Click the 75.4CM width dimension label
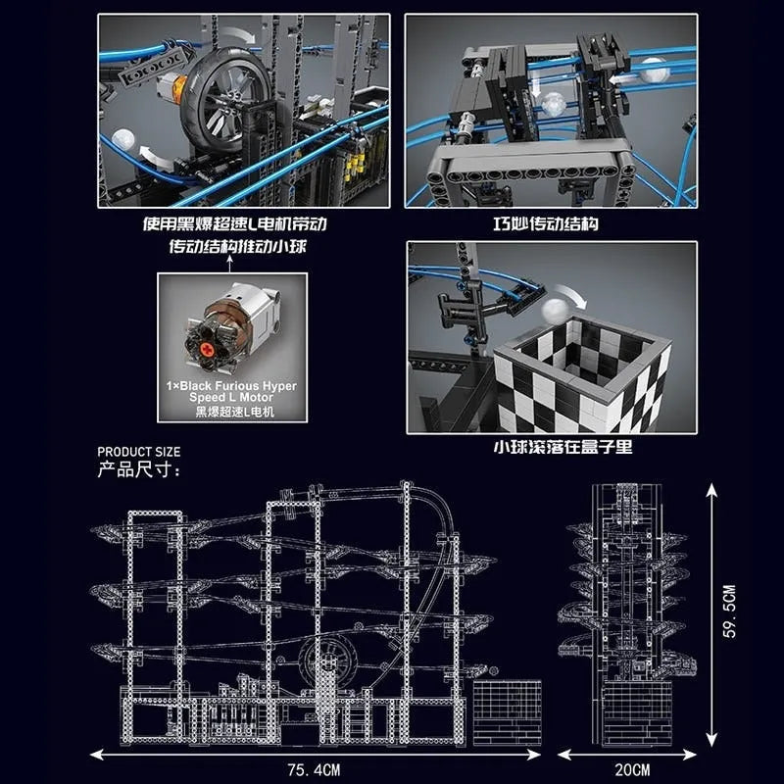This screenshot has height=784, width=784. (314, 769)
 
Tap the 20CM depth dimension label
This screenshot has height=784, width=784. (632, 769)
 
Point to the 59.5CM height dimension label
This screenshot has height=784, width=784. (729, 611)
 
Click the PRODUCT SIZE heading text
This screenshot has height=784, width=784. (138, 452)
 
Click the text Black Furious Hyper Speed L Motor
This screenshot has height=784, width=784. (231, 391)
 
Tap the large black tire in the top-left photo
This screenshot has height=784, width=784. (224, 101)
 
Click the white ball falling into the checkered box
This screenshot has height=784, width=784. (555, 310)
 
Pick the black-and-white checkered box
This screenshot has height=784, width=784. (582, 375)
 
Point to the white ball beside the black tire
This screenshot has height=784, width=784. (123, 140)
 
